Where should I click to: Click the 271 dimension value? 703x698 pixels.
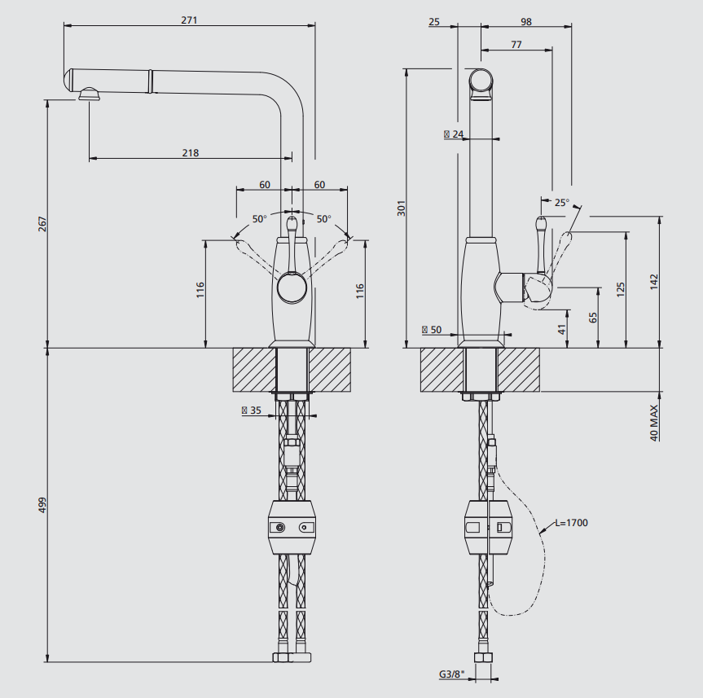click(189, 20)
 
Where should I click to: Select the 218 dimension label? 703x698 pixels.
click(191, 153)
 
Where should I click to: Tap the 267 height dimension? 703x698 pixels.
click(42, 224)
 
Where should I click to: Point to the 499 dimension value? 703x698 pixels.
click(42, 505)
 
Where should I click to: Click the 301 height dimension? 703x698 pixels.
click(402, 209)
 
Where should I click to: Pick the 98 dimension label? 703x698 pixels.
click(526, 21)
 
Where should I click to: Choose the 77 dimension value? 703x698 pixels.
click(516, 44)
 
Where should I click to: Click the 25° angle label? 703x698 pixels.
click(562, 203)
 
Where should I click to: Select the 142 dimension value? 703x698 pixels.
click(654, 282)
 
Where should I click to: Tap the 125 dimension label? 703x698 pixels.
click(621, 290)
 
